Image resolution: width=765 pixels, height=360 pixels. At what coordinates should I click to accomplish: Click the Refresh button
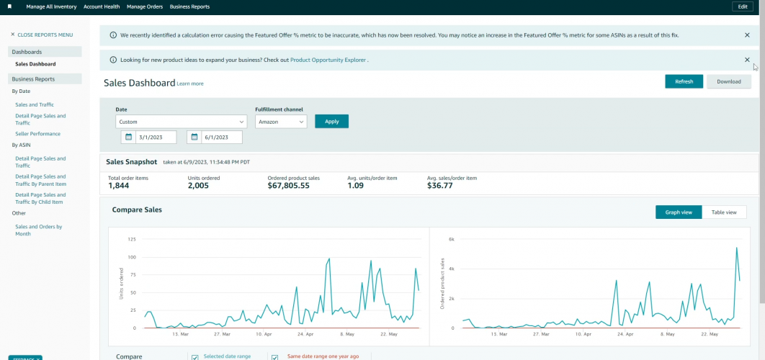(684, 81)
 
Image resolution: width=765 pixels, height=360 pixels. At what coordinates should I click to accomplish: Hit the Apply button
(331, 122)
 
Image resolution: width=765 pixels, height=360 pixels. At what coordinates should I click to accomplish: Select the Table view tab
(724, 212)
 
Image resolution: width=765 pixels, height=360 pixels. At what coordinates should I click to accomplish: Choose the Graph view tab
(679, 212)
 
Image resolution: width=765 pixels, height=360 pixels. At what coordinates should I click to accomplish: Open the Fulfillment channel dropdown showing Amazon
(281, 122)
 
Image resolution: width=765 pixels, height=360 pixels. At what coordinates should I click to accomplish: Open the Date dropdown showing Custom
(181, 122)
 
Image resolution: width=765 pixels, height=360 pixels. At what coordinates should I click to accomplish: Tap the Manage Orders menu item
(144, 6)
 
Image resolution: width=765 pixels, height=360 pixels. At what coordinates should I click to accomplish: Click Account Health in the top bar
(102, 6)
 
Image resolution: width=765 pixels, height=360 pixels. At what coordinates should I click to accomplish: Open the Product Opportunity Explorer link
(328, 60)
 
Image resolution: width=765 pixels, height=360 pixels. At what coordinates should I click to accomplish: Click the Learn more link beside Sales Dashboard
(190, 84)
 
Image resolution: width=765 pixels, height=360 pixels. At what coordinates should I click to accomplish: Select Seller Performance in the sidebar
(37, 134)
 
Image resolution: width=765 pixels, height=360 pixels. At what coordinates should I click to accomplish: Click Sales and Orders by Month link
(38, 230)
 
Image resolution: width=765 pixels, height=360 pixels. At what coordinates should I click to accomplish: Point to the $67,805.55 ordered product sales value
(288, 186)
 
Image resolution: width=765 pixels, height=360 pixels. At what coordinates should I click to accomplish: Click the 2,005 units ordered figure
(198, 186)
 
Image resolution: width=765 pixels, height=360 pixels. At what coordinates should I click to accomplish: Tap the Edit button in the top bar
(743, 6)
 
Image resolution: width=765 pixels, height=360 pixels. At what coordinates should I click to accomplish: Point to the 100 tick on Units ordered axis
(132, 257)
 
